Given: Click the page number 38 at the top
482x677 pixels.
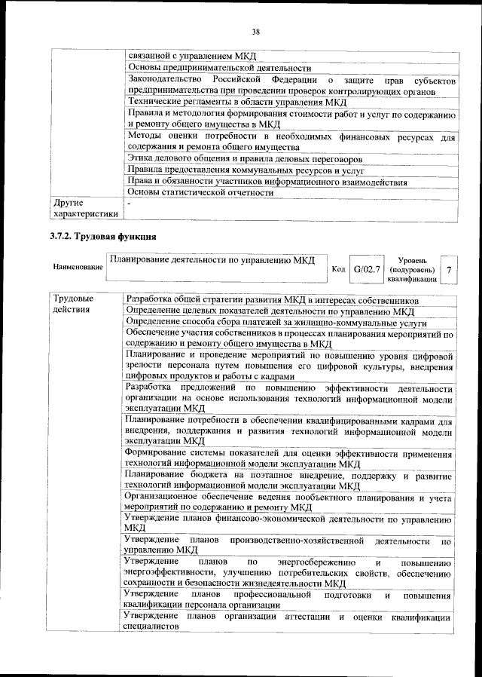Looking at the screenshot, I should tap(256, 31).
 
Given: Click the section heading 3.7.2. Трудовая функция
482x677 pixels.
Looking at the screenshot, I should tap(102, 237).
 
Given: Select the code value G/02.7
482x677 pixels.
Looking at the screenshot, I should tap(368, 268).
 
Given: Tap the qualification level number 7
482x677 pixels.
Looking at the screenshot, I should tap(449, 269).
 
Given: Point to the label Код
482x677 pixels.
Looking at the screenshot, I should tap(338, 269).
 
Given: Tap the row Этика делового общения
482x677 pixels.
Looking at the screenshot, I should tap(245, 159).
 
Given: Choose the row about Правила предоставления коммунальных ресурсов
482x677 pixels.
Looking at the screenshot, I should tap(240, 170).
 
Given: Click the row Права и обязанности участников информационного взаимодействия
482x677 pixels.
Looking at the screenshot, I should tap(267, 182).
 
